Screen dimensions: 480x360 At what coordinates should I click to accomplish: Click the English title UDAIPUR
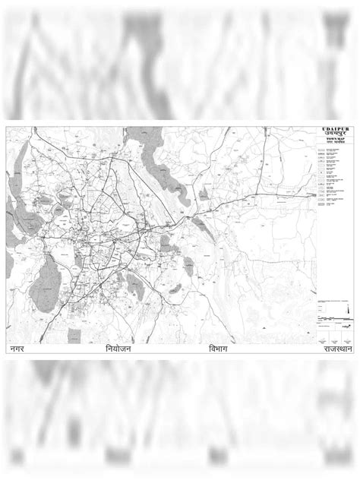[x=335, y=130]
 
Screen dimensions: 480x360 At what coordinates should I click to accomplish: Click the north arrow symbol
[x=348, y=311]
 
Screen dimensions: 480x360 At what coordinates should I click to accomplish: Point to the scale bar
[x=335, y=320]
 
